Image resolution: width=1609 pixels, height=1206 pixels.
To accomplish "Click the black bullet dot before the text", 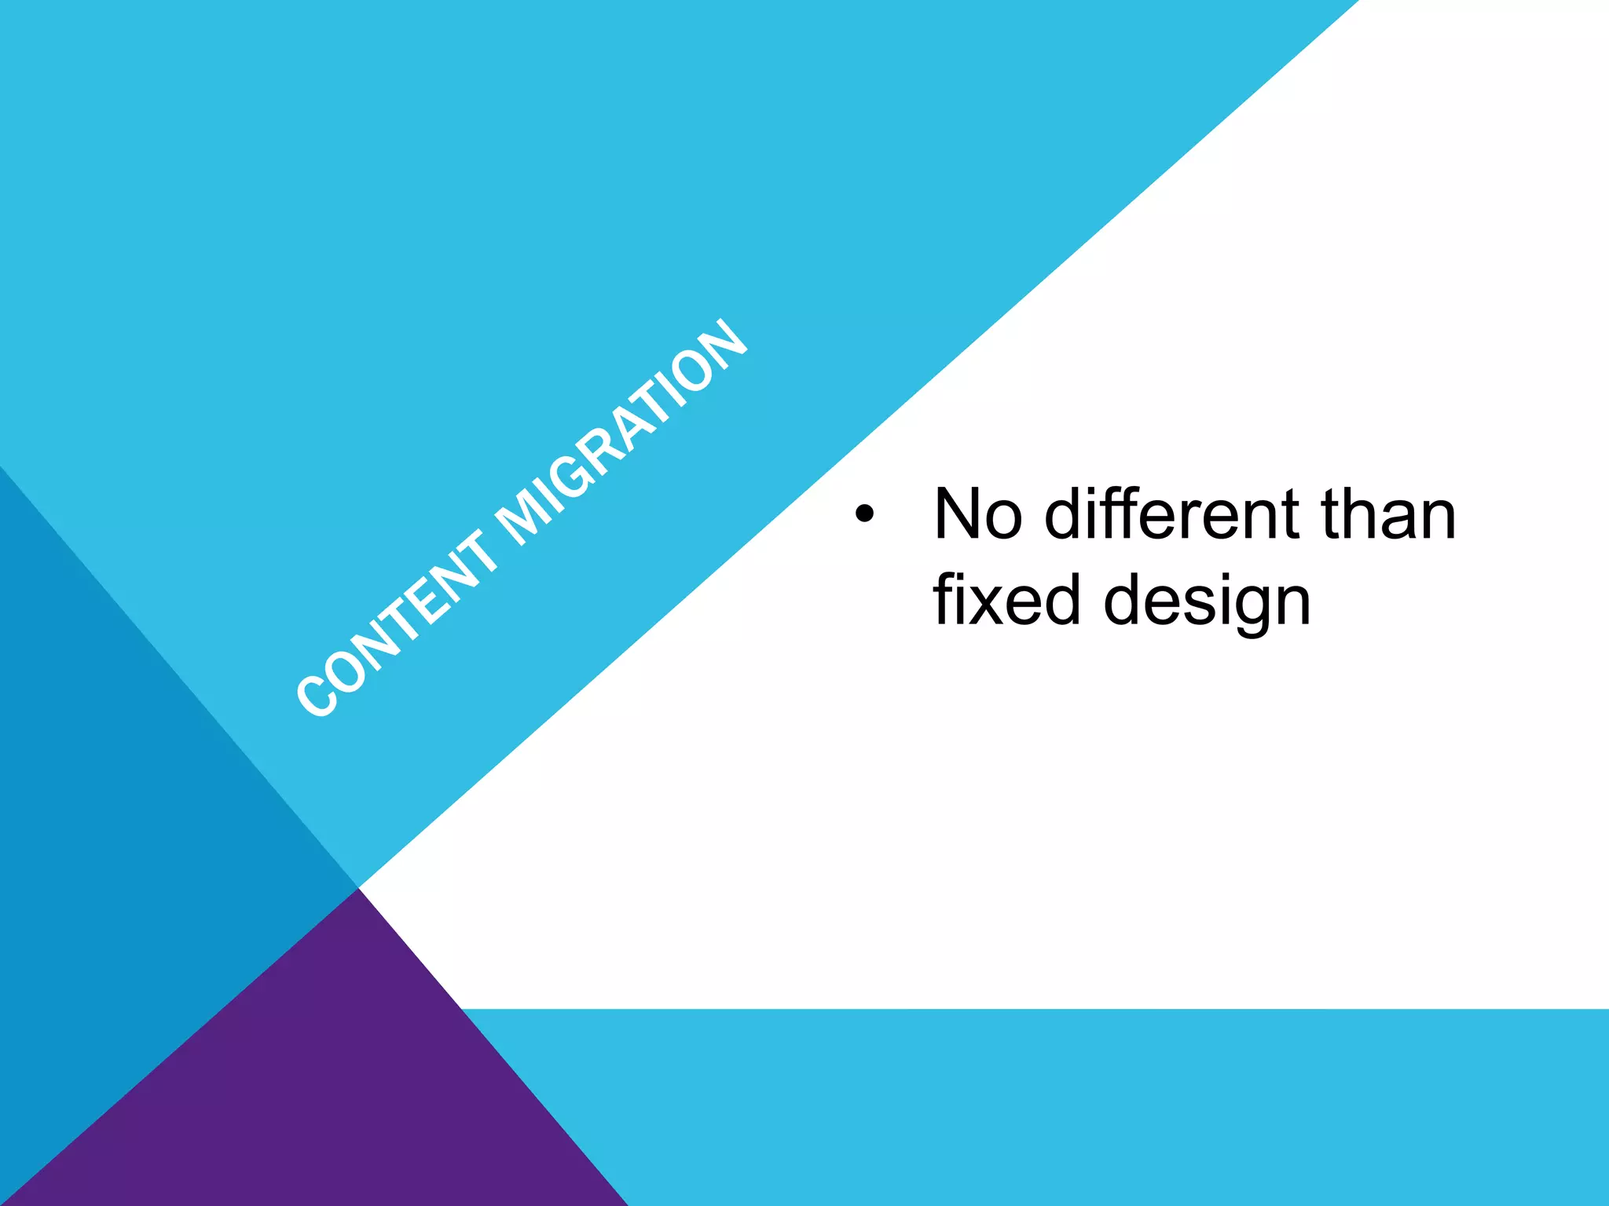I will pos(864,514).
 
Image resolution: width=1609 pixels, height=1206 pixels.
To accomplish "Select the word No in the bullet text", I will pos(977,514).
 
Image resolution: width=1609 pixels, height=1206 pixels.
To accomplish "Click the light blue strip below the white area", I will pos(1100,1107).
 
